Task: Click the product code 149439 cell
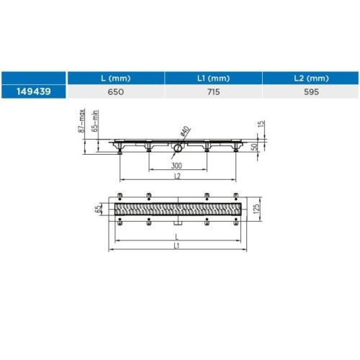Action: pyautogui.click(x=34, y=91)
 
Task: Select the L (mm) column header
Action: pyautogui.click(x=116, y=78)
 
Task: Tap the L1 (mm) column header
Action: pyautogui.click(x=213, y=78)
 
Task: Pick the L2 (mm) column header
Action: pyautogui.click(x=311, y=78)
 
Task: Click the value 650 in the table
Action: pyautogui.click(x=116, y=91)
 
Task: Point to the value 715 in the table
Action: pyautogui.click(x=213, y=91)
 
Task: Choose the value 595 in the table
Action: pyautogui.click(x=311, y=91)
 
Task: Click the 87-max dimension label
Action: pyautogui.click(x=82, y=120)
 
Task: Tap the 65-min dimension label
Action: pyautogui.click(x=95, y=121)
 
